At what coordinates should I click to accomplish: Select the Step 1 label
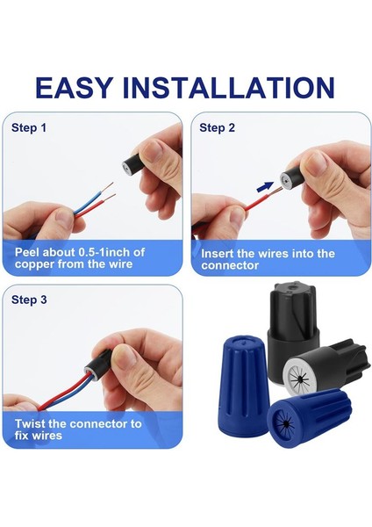(x=29, y=127)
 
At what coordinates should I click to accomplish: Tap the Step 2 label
(x=218, y=127)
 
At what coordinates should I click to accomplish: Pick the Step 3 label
(x=29, y=300)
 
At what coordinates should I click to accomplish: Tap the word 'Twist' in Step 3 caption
(x=32, y=423)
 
